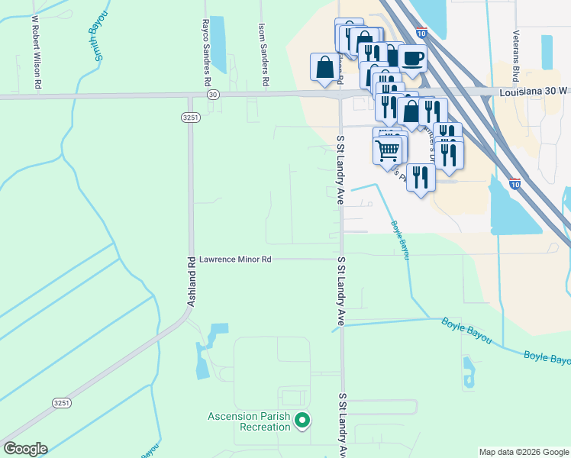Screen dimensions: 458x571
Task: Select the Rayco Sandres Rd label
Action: click(206, 52)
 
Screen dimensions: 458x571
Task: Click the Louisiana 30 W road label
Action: click(534, 90)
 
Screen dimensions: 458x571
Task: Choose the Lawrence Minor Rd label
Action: click(235, 260)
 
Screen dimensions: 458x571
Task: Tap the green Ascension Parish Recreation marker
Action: click(302, 419)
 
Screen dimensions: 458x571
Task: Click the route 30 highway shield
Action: click(212, 94)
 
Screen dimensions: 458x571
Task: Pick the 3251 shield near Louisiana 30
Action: click(191, 117)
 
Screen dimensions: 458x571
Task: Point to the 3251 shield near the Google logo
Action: click(61, 402)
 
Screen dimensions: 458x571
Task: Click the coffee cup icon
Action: click(412, 58)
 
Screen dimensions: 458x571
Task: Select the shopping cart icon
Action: click(388, 150)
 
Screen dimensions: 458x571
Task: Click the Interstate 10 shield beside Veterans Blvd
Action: click(515, 184)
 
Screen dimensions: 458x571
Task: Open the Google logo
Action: click(25, 449)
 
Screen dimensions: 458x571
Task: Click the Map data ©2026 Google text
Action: click(524, 452)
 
